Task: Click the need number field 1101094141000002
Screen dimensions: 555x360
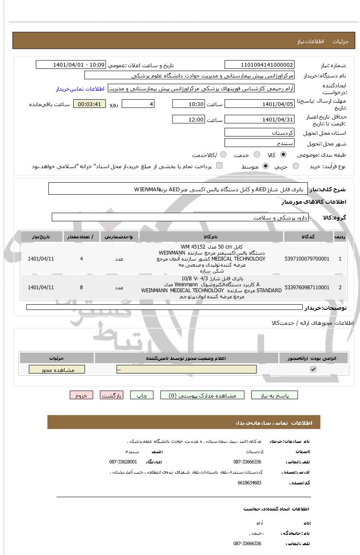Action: (259, 65)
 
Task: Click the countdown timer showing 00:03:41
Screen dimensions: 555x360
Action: (89, 104)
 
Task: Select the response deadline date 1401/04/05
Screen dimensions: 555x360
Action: (259, 104)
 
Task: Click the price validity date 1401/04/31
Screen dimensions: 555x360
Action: (259, 119)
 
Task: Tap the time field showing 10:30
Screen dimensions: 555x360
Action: (188, 104)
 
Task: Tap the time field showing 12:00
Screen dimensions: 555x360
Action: (188, 119)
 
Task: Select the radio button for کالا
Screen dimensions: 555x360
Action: (283, 154)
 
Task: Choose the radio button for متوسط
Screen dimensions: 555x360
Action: (265, 166)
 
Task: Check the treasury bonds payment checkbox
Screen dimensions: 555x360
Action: (219, 166)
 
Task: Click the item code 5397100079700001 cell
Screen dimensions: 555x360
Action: (307, 259)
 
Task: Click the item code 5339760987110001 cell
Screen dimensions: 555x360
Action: (307, 287)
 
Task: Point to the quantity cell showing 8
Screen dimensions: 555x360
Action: (81, 287)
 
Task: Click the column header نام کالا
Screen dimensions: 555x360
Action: (211, 237)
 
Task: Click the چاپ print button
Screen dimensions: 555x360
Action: (142, 395)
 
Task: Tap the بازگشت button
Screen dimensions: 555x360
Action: (111, 395)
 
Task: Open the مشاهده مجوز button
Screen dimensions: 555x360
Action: (57, 370)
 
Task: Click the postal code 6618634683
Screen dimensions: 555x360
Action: (249, 483)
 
